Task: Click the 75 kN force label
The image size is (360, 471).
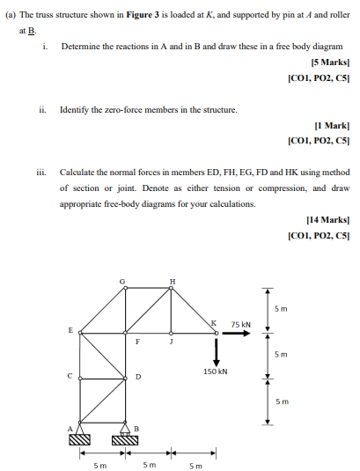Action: [x=240, y=325]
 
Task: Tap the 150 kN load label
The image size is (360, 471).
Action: [x=214, y=372]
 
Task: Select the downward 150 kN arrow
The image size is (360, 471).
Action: [x=214, y=350]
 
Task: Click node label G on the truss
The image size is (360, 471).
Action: [x=123, y=281]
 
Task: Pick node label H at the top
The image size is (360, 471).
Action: [x=172, y=281]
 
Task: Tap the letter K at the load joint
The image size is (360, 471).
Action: [x=215, y=326]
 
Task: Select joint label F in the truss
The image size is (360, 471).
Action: [x=136, y=342]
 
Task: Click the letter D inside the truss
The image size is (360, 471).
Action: [x=137, y=379]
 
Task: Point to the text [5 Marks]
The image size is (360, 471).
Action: [x=327, y=63]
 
